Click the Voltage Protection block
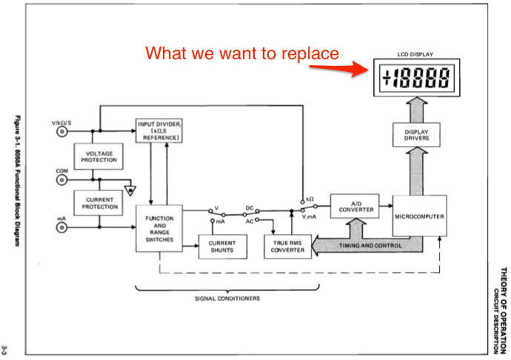(98, 156)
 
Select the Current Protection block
(98, 202)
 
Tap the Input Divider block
(158, 130)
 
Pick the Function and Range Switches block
(158, 229)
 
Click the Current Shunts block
(221, 246)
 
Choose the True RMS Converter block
(288, 246)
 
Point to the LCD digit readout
(419, 77)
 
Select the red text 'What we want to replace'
(242, 53)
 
